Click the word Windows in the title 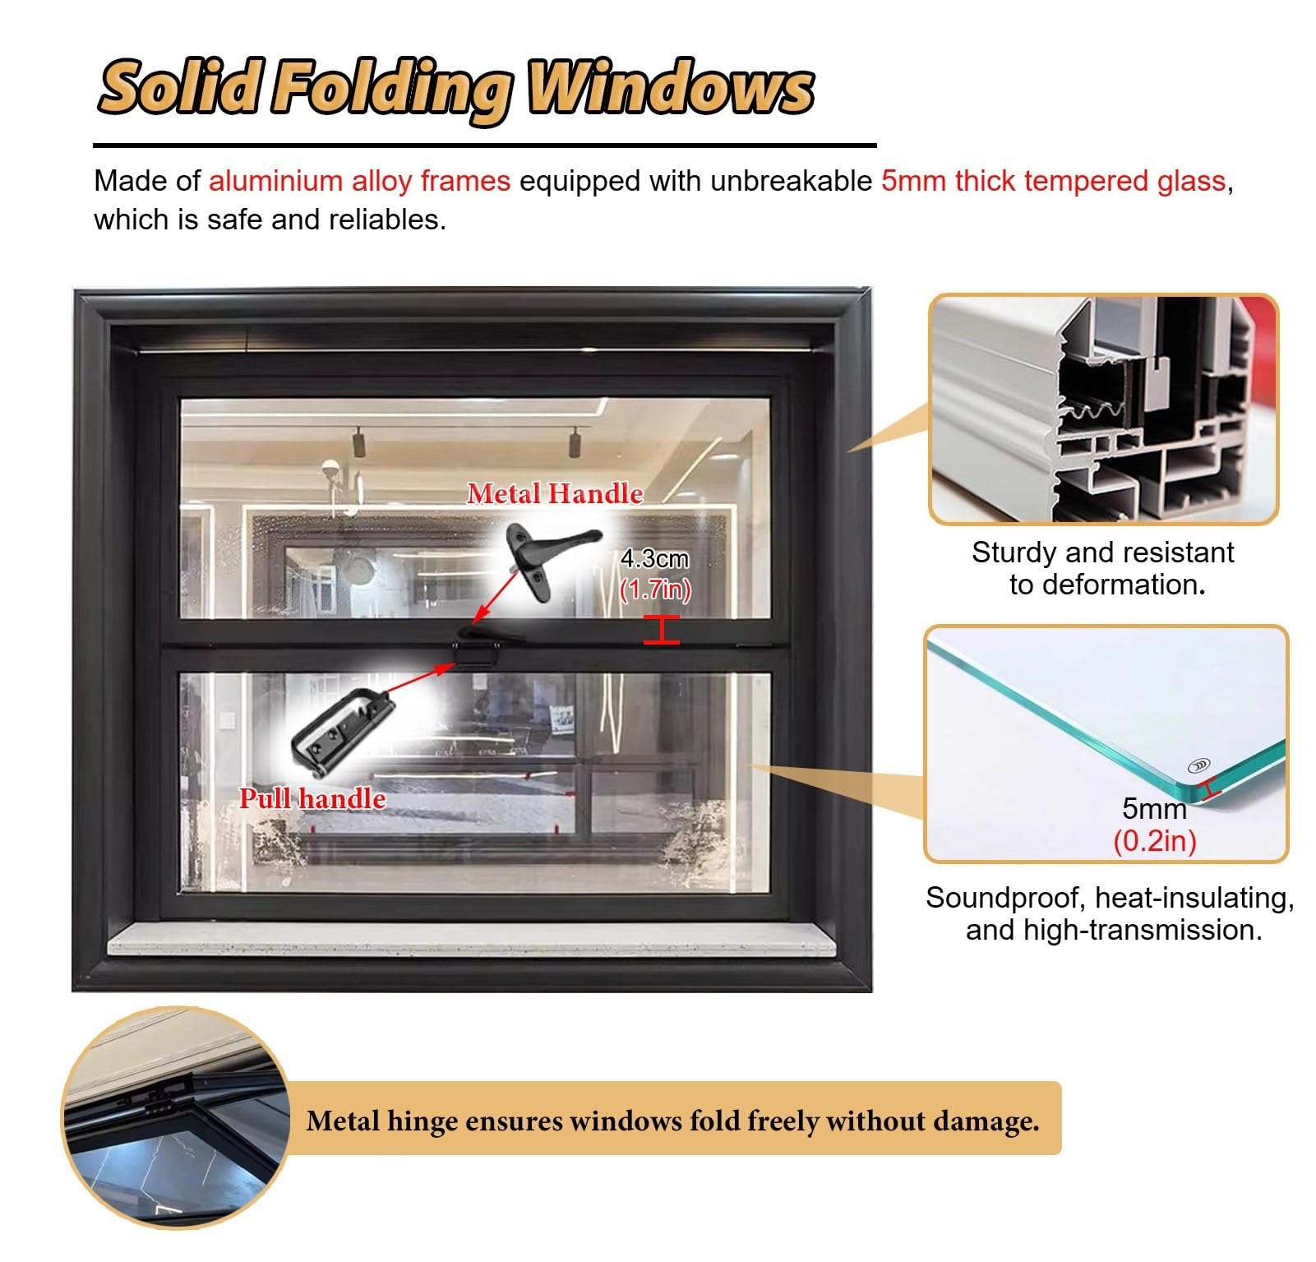point(670,87)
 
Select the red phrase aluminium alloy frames point(359,181)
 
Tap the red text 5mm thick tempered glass point(1053,181)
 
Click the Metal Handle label point(555,493)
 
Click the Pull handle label point(312,798)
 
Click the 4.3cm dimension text point(654,559)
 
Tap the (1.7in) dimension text point(655,589)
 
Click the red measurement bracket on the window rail point(662,630)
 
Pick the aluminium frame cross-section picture point(1103,409)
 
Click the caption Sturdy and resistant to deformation point(1103,568)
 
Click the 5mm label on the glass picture point(1154,809)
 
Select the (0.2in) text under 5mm point(1154,841)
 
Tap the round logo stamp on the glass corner point(1199,765)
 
